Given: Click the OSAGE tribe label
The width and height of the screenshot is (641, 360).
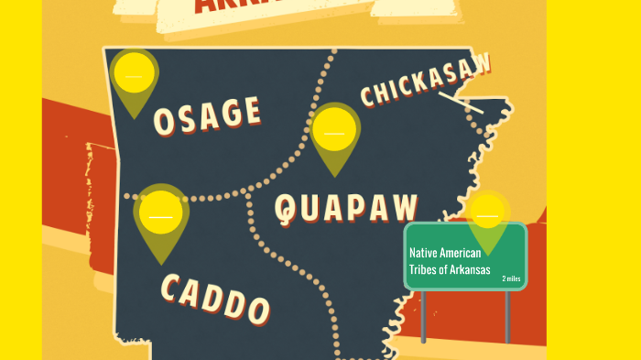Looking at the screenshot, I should pyautogui.click(x=207, y=114).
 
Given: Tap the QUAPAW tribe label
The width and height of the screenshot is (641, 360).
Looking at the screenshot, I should pyautogui.click(x=346, y=208).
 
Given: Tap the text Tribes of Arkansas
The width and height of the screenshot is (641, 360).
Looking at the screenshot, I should pyautogui.click(x=450, y=270).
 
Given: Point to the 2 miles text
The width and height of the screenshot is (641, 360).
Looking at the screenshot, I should pyautogui.click(x=511, y=278).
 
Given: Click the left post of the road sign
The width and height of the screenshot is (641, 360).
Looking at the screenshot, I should pyautogui.click(x=423, y=317).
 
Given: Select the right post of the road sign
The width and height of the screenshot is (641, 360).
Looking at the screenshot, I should pyautogui.click(x=507, y=317).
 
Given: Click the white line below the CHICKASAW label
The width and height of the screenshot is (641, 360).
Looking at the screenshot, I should pyautogui.click(x=461, y=102).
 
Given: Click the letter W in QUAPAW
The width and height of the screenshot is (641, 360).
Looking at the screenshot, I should pyautogui.click(x=403, y=206).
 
